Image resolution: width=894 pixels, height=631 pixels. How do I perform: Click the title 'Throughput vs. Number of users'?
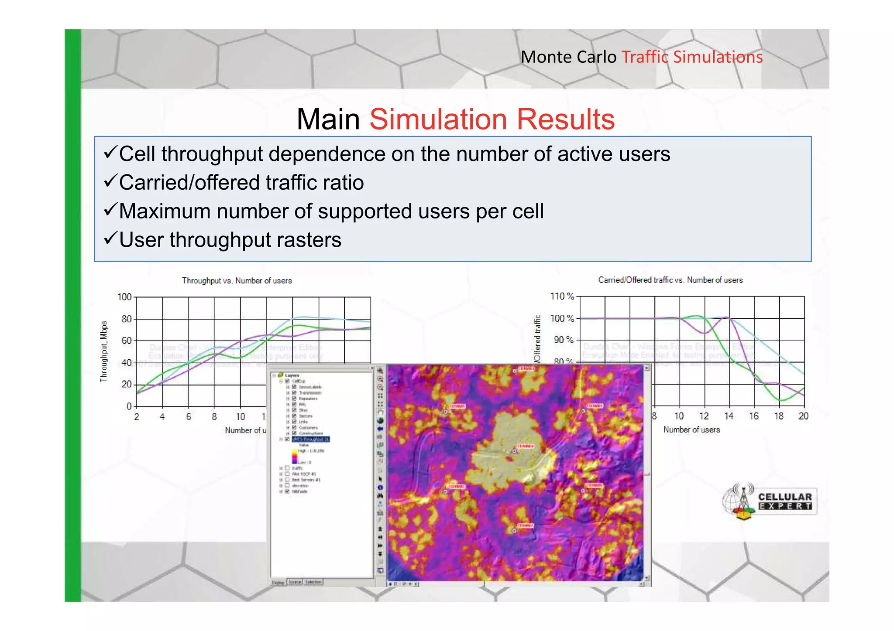tap(237, 280)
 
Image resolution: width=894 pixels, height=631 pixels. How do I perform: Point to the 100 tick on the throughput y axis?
tap(124, 297)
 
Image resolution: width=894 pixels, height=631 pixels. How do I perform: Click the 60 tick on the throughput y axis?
tap(126, 341)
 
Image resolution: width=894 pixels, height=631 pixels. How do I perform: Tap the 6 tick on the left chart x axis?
tap(189, 416)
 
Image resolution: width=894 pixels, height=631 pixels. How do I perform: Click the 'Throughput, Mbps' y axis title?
tap(104, 351)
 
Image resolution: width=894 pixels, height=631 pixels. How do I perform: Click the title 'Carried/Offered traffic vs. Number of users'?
tap(670, 280)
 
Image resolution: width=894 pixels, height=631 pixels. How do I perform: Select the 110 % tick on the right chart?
tap(562, 297)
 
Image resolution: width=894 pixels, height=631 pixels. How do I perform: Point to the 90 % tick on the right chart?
tap(563, 340)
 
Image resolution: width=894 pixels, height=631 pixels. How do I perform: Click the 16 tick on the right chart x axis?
tap(754, 416)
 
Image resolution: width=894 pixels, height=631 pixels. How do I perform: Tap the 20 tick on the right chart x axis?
tap(803, 416)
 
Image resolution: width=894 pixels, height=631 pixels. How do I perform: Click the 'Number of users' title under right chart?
tap(691, 430)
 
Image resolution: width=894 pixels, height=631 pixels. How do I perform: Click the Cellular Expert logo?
tap(769, 501)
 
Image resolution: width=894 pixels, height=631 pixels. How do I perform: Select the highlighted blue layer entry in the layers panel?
tap(310, 439)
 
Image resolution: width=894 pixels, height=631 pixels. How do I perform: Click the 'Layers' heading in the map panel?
tap(292, 375)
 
